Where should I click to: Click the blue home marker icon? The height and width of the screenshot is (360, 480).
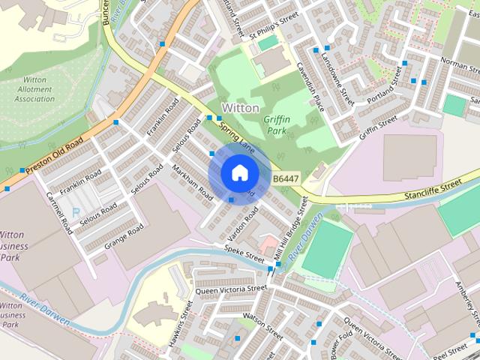point(238,173)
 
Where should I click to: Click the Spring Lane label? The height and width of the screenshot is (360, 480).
point(237,140)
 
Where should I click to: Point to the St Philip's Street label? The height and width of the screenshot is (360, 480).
point(274,27)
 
